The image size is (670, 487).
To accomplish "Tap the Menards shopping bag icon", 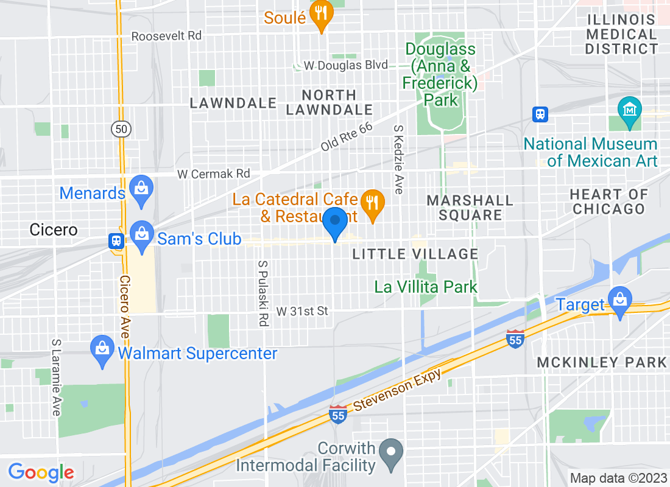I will [x=141, y=186].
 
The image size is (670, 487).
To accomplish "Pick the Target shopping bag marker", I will [x=620, y=300].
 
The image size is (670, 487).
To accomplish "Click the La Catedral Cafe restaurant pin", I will [x=371, y=202].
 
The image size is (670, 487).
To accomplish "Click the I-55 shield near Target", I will [x=515, y=340].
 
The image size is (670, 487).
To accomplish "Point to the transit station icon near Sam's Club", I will [x=115, y=240].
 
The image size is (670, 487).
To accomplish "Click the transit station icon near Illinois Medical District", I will [x=540, y=114].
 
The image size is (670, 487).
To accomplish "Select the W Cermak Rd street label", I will [x=214, y=174].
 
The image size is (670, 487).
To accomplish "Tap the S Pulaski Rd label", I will [x=263, y=293].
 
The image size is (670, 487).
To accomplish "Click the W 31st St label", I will [x=302, y=311].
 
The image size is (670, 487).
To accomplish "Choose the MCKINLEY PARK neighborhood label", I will [x=602, y=362].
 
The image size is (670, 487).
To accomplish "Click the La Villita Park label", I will [x=426, y=286].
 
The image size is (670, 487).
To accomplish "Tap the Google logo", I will [x=41, y=472].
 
